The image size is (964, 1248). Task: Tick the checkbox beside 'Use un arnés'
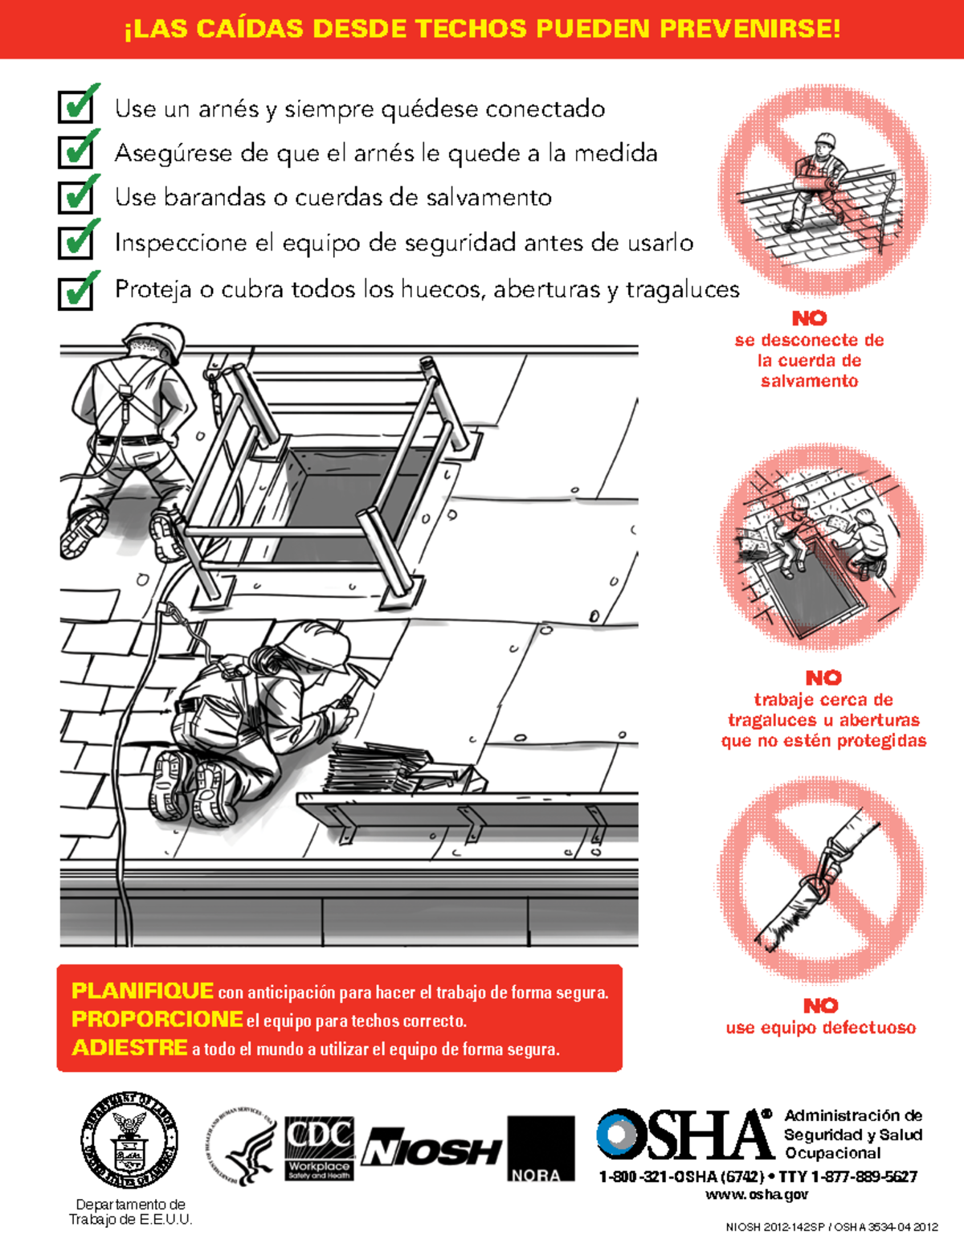pyautogui.click(x=75, y=107)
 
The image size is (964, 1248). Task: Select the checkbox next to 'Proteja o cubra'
pyautogui.click(x=75, y=293)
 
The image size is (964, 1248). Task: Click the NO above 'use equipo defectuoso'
pyautogui.click(x=820, y=1005)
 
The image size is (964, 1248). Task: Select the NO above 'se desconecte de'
pyautogui.click(x=809, y=318)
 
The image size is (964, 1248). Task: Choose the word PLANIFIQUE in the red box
pyautogui.click(x=142, y=990)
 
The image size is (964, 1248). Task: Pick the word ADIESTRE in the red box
pyautogui.click(x=129, y=1048)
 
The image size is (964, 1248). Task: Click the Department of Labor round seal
pyautogui.click(x=129, y=1140)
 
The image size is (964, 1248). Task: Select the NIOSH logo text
pyautogui.click(x=431, y=1150)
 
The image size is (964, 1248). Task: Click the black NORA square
pyautogui.click(x=541, y=1148)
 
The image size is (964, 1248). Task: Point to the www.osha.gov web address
pyautogui.click(x=757, y=1195)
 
